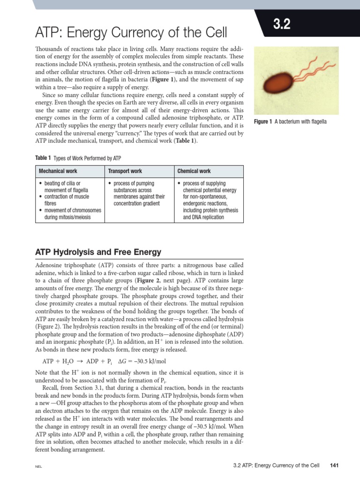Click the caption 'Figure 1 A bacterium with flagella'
(x=290, y=122)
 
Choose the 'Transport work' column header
(x=125, y=171)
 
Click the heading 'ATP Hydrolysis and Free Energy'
(x=98, y=252)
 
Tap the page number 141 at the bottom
(x=334, y=465)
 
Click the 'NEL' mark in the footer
(x=39, y=467)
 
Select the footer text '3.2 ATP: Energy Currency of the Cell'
(x=276, y=465)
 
